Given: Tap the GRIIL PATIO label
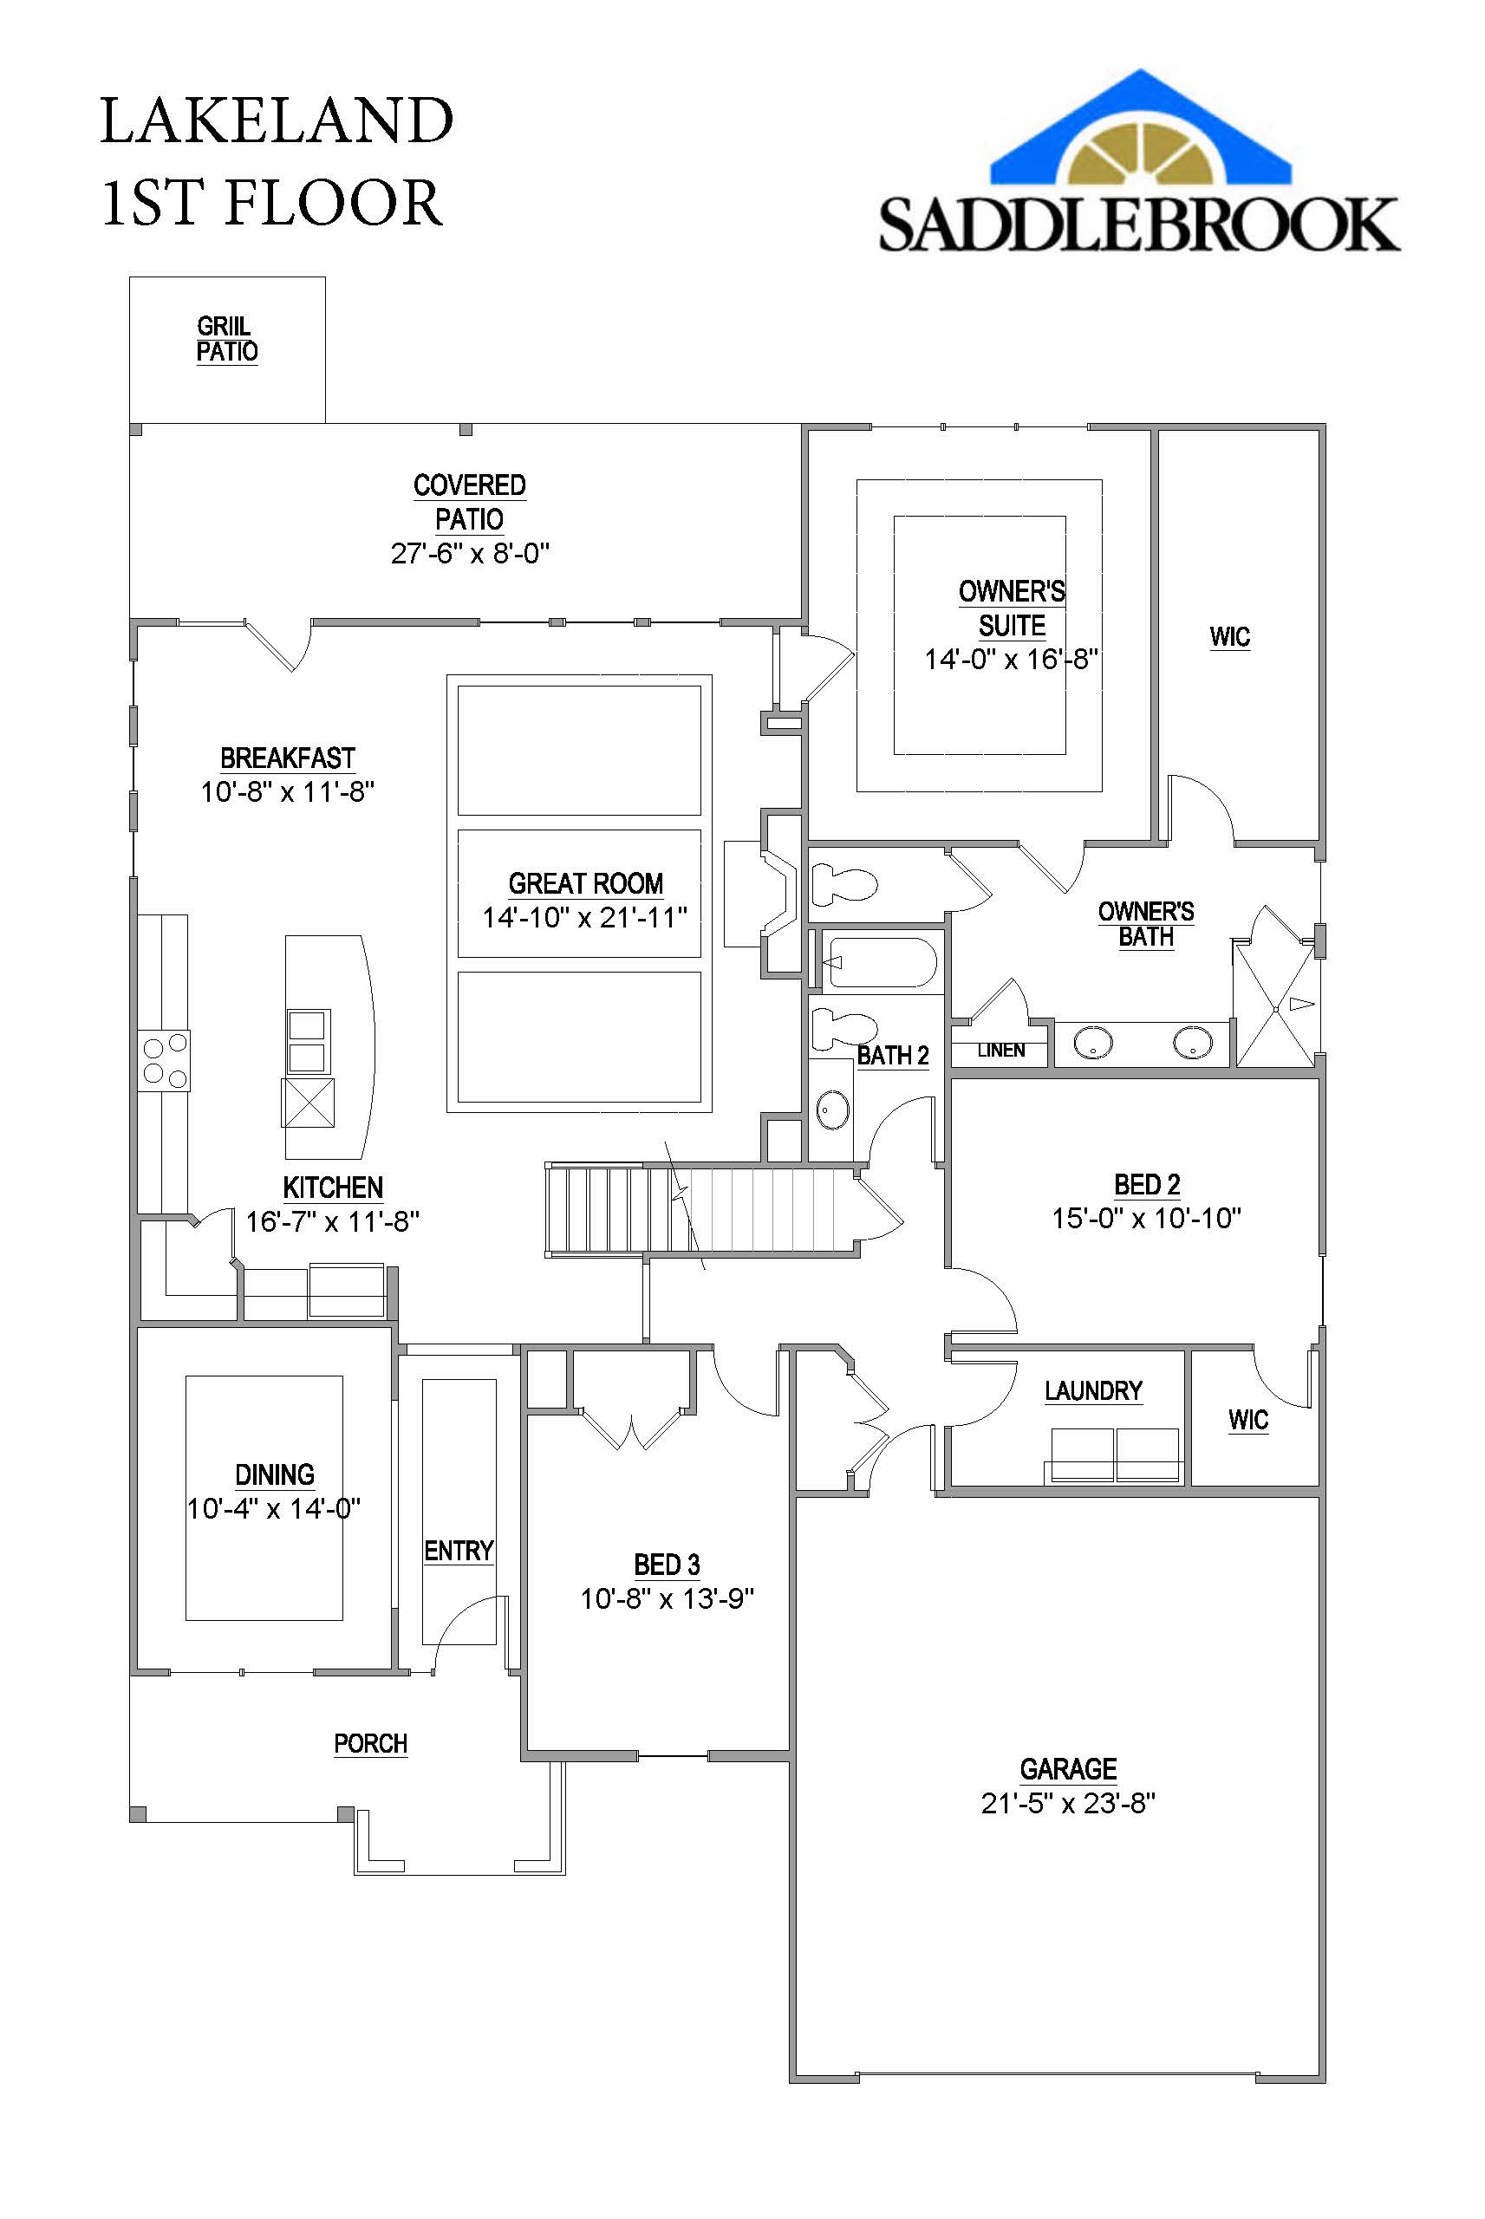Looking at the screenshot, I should click(226, 339).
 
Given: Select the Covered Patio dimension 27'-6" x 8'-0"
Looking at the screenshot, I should click(470, 554).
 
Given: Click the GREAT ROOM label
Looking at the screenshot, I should click(585, 883).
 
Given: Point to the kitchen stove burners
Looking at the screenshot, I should click(164, 1060).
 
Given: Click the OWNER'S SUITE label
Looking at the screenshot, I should click(1012, 608).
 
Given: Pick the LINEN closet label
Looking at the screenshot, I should click(1001, 1050).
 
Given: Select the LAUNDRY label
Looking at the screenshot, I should click(1093, 1390).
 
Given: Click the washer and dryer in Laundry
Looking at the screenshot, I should click(1115, 1454).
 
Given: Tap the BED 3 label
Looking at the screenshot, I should click(667, 1565).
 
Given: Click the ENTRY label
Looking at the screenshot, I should click(459, 1551).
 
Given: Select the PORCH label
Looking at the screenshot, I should click(370, 1744).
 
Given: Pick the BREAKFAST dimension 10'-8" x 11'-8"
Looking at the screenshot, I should click(287, 791).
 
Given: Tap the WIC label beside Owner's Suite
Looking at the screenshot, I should click(1229, 637).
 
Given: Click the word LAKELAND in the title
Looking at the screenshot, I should click(277, 121).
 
